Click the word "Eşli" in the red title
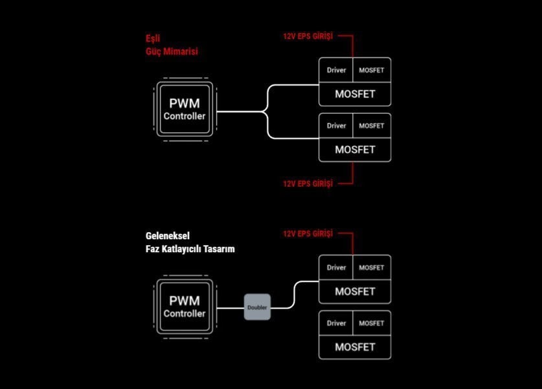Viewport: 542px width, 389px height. click(x=153, y=38)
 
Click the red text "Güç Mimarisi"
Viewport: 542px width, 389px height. click(x=172, y=52)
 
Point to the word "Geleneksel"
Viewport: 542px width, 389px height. click(x=168, y=236)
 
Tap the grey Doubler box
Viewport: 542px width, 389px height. click(x=257, y=307)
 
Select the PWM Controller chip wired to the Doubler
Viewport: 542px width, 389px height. click(x=185, y=307)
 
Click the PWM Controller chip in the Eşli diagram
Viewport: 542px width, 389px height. click(x=185, y=110)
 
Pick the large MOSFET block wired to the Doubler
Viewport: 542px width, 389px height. click(x=355, y=292)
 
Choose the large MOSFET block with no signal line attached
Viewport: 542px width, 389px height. click(x=355, y=347)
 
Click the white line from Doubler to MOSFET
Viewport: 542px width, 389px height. click(x=294, y=294)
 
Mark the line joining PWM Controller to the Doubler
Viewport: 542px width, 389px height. click(x=231, y=308)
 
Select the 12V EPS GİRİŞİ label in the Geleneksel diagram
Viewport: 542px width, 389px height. click(x=308, y=234)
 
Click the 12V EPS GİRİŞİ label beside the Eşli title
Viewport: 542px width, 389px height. click(x=308, y=36)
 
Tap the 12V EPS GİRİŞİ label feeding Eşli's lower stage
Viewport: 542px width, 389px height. click(x=308, y=183)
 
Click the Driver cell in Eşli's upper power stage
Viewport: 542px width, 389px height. click(x=336, y=70)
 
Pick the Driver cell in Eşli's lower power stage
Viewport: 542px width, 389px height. click(x=336, y=126)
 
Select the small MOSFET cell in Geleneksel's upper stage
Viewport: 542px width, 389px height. click(x=372, y=268)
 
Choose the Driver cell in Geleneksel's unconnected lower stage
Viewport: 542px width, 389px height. click(x=336, y=324)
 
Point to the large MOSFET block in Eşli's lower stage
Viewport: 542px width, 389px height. click(x=355, y=150)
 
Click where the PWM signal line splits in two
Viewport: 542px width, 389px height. click(x=264, y=112)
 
